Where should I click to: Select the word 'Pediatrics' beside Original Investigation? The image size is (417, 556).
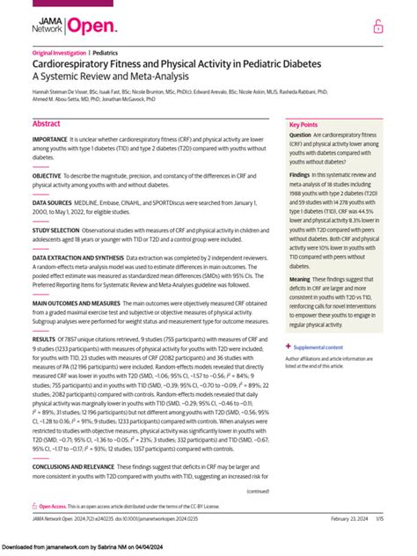tap(108, 54)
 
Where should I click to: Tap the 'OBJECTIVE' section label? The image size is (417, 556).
tap(48, 175)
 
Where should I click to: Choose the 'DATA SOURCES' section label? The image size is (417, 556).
tap(53, 201)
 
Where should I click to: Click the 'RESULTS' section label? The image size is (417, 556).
tap(44, 339)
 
